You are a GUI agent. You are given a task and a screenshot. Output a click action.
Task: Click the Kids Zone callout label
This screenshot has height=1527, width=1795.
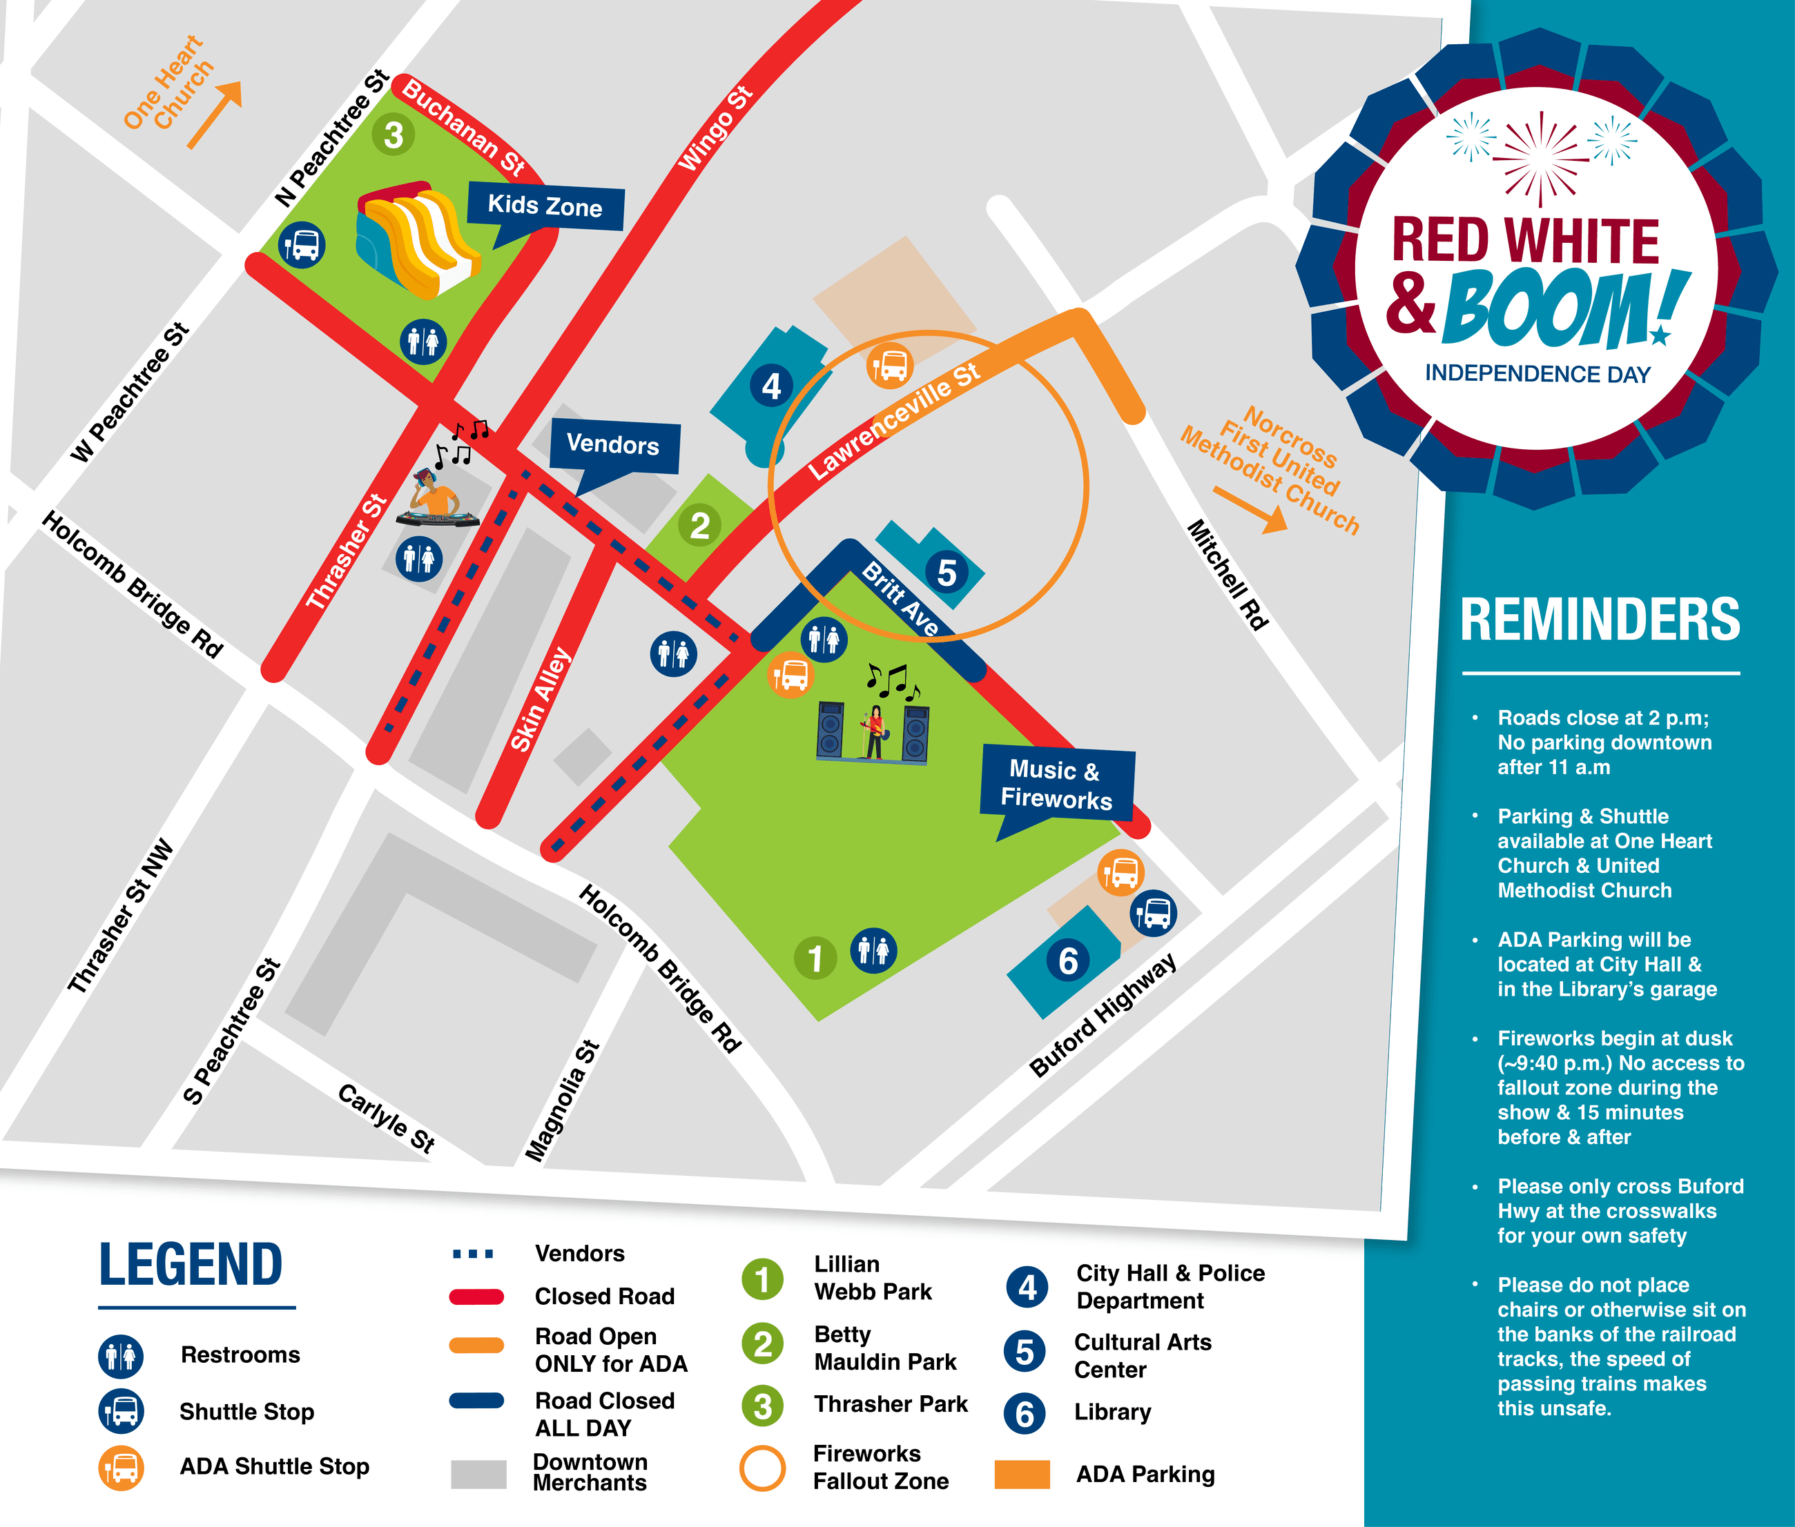coord(545,206)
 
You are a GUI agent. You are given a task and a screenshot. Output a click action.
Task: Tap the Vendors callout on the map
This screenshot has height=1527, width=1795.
coord(613,445)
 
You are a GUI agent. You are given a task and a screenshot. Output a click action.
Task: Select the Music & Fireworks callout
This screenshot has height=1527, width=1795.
coord(1056,783)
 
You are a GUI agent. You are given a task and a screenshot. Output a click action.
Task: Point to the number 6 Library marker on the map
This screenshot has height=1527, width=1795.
coord(1067,961)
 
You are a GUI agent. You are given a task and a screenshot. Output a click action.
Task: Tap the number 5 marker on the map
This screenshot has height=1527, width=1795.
coord(947,572)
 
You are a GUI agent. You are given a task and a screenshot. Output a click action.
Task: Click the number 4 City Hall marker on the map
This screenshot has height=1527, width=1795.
coord(770,386)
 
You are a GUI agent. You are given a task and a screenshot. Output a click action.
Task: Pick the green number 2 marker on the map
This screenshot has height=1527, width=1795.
coord(699,526)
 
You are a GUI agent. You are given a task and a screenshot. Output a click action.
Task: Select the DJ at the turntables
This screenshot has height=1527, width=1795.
coord(436,500)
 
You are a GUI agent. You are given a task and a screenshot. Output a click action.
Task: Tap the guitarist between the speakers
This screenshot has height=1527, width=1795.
coord(875,731)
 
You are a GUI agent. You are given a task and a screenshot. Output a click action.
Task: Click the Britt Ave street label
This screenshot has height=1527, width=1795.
coord(900,598)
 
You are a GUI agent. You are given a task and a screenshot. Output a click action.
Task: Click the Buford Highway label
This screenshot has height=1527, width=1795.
coord(1103,1014)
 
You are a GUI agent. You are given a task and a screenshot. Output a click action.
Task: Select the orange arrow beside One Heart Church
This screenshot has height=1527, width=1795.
coord(214,115)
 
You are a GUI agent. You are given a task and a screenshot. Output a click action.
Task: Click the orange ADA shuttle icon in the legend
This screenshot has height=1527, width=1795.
coord(122,1467)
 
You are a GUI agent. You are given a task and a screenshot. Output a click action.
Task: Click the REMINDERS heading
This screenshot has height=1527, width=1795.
coord(1600,620)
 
